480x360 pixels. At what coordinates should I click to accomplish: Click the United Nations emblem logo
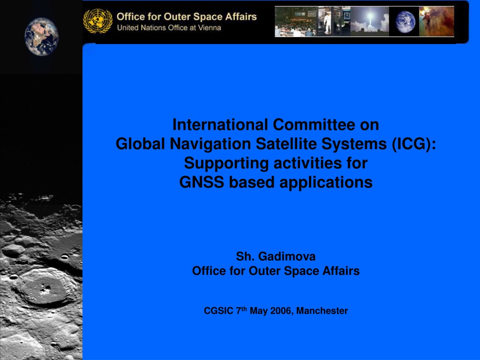pos(98,21)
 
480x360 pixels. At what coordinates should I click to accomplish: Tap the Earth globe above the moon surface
pos(42,37)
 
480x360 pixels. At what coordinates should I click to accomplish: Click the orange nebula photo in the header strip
pos(437,22)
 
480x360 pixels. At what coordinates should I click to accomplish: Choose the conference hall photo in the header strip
pos(296,22)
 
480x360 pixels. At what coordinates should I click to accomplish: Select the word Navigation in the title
pos(210,144)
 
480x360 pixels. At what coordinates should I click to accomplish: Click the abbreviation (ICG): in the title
pos(414,144)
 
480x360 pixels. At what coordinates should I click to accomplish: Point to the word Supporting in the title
pos(226,163)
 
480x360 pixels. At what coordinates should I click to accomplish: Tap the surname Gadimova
pos(287,256)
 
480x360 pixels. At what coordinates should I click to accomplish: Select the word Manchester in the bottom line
pos(322,311)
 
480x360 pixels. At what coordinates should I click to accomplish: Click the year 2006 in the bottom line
pos(282,311)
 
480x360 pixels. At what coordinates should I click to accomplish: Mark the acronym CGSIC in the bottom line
pos(218,311)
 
